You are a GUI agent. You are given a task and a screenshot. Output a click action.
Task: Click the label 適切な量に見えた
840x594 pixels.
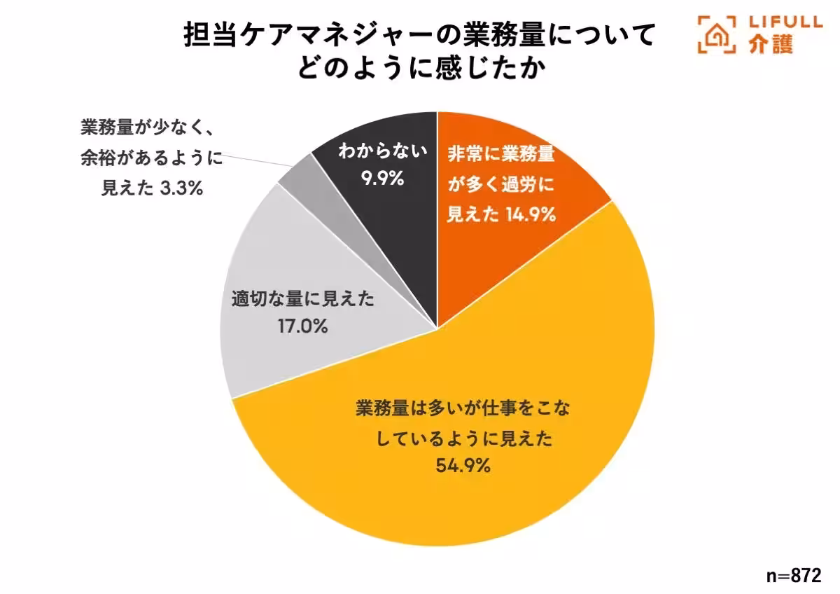tap(303, 300)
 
